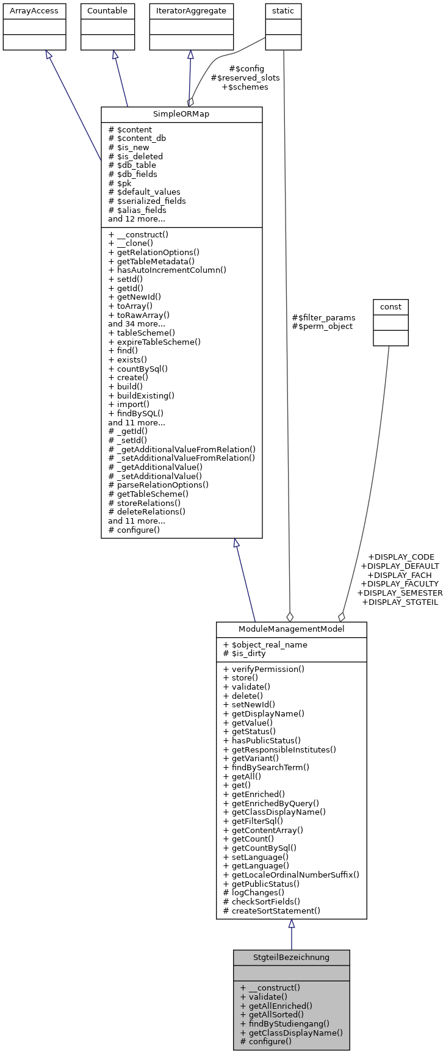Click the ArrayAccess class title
click(x=34, y=11)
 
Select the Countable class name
click(x=107, y=11)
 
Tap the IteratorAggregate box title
click(x=192, y=11)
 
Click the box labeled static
click(x=283, y=11)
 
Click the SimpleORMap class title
click(x=181, y=115)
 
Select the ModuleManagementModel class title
click(x=291, y=629)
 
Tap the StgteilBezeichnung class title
click(x=291, y=957)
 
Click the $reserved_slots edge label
click(x=245, y=78)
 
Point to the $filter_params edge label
click(x=323, y=317)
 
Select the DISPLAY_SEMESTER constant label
click(x=400, y=593)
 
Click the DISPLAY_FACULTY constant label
click(x=400, y=583)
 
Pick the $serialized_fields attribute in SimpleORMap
click(x=147, y=201)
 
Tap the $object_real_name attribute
click(x=265, y=644)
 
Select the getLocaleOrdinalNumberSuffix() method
click(x=291, y=875)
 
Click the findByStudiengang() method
click(x=285, y=1023)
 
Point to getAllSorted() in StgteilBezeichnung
click(x=272, y=1014)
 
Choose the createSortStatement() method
click(x=272, y=911)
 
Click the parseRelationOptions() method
click(x=159, y=485)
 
